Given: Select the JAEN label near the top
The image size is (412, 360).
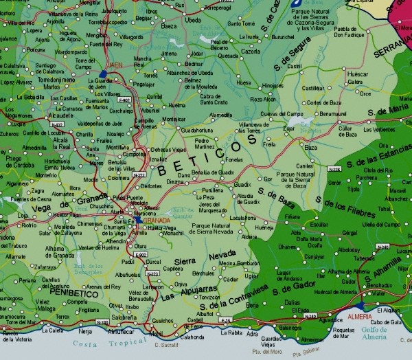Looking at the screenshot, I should pos(115,65).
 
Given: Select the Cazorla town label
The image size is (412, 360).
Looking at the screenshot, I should pos(251,51).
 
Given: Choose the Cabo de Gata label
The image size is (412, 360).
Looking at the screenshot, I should pos(386,322).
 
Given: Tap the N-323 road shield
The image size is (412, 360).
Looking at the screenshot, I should pos(139,175).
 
